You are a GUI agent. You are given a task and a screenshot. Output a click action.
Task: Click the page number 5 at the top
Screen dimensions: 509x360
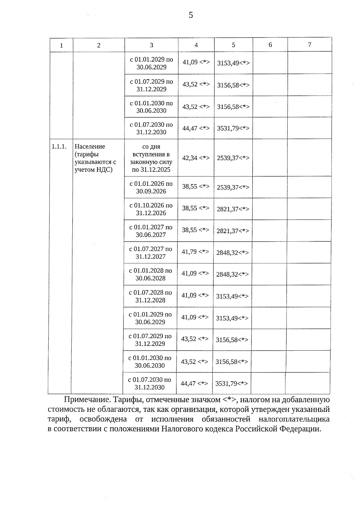tap(191, 15)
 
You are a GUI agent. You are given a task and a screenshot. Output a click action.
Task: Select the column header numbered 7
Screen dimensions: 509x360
tap(309, 45)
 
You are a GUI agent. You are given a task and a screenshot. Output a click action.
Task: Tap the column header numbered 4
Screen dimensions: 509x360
tap(196, 45)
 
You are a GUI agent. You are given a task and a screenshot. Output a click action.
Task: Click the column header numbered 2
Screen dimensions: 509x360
tap(99, 45)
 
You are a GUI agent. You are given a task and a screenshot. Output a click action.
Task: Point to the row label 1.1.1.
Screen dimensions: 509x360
tap(59, 147)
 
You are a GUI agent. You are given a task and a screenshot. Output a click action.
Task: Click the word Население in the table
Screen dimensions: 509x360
tap(90, 147)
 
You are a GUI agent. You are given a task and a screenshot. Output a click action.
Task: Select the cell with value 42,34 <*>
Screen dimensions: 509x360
tap(196, 158)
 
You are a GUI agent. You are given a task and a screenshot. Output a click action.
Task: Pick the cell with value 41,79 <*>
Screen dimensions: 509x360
tap(195, 252)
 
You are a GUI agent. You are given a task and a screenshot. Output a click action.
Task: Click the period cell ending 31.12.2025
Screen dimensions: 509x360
tap(151, 158)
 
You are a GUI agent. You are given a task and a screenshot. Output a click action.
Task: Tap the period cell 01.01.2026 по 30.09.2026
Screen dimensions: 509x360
tap(151, 187)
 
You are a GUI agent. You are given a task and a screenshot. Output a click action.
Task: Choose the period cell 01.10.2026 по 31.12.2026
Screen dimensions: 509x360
tap(151, 209)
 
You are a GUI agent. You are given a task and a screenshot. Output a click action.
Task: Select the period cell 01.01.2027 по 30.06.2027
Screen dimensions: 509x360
tap(151, 231)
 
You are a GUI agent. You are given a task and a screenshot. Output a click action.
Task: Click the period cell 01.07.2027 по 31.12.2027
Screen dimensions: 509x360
tap(151, 253)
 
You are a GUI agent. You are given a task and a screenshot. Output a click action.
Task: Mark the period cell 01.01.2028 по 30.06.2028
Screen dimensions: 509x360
tap(150, 274)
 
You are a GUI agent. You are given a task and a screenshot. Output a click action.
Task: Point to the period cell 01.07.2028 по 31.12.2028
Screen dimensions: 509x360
tap(150, 296)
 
